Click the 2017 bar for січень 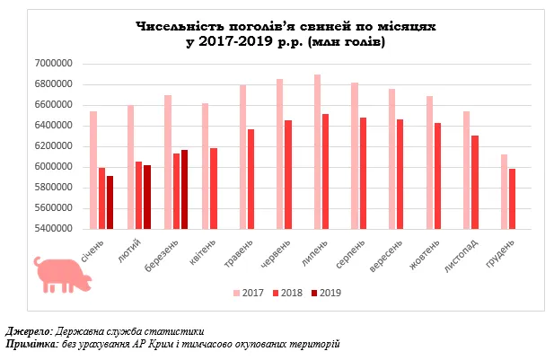[x=93, y=170]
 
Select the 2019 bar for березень [x=185, y=189]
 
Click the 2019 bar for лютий [x=147, y=197]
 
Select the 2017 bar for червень [x=279, y=154]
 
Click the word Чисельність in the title [x=177, y=28]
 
